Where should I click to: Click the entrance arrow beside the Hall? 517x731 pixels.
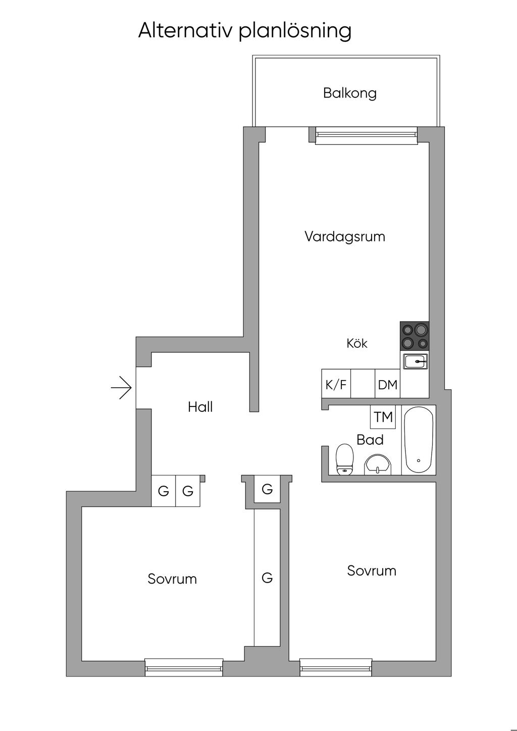[x=122, y=388]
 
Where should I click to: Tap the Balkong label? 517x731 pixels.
[x=350, y=93]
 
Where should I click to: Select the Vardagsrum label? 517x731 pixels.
[x=345, y=236]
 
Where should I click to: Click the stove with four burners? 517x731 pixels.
[x=415, y=336]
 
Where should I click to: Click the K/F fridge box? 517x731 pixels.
[x=336, y=385]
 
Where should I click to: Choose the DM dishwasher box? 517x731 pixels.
[x=388, y=385]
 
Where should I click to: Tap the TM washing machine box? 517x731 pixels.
[x=383, y=417]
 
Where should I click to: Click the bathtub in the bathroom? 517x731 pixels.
[x=419, y=439]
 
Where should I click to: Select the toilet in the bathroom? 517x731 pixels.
[x=344, y=459]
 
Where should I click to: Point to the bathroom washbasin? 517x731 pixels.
[x=378, y=464]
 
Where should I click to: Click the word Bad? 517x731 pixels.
[x=370, y=440]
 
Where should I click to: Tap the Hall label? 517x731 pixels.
[x=200, y=407]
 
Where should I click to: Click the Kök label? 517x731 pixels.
[x=357, y=344]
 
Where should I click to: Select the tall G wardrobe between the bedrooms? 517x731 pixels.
[x=267, y=577]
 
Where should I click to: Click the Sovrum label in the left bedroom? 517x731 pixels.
[x=172, y=579]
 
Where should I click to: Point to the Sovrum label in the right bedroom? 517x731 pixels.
[x=372, y=571]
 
